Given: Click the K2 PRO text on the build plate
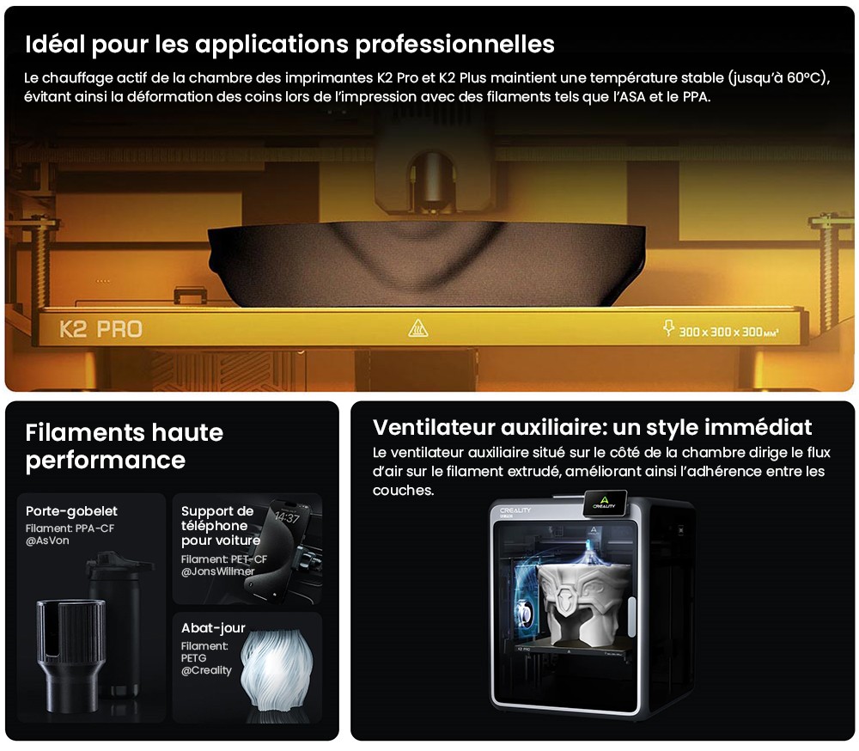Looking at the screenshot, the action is coord(101,329).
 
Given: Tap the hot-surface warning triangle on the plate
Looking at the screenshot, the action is coord(418,328).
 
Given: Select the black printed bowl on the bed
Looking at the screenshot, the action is coord(426,263).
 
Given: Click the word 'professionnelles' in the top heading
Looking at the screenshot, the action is coord(454,45).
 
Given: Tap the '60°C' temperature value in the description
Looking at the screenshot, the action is coord(804,78).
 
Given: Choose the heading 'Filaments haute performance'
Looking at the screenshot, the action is coord(124,446).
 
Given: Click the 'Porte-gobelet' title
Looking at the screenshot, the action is coord(71,511).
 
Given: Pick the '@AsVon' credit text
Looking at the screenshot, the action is coord(47,540).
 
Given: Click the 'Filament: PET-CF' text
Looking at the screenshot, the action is coord(224,559).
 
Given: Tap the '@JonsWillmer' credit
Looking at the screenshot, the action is coord(218,571).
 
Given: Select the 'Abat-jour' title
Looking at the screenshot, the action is coord(213,627).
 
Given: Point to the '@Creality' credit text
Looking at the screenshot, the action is coord(206,670).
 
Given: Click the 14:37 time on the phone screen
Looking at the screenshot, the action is coord(287,517).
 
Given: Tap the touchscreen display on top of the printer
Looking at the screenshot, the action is coord(604,503).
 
